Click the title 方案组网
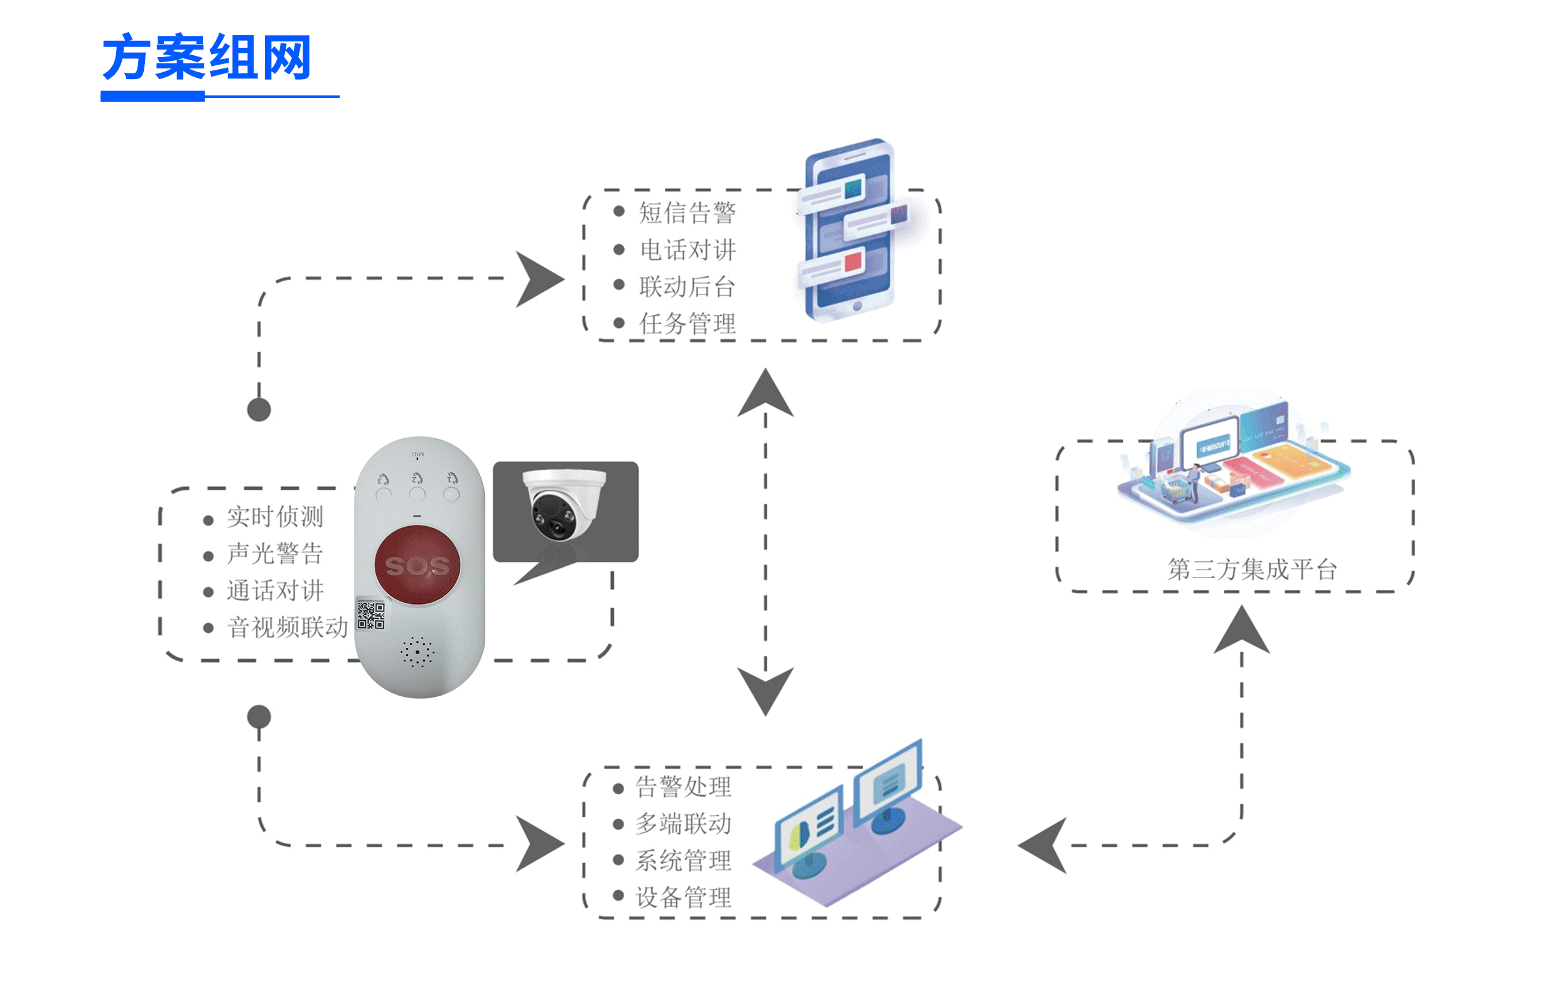[x=207, y=58]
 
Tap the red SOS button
[x=417, y=565]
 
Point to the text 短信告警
[x=687, y=213]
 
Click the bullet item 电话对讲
[x=687, y=250]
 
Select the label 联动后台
[x=687, y=287]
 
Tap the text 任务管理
[x=687, y=324]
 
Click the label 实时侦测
[x=274, y=517]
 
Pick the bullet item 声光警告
[x=274, y=554]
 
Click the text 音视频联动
[x=287, y=627]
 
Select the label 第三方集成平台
[x=1251, y=569]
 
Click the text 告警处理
[x=683, y=787]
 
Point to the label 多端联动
[x=683, y=824]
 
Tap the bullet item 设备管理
[x=683, y=898]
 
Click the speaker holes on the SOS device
[x=418, y=651]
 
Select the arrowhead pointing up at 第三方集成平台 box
[x=1241, y=631]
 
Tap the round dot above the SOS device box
[x=259, y=410]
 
